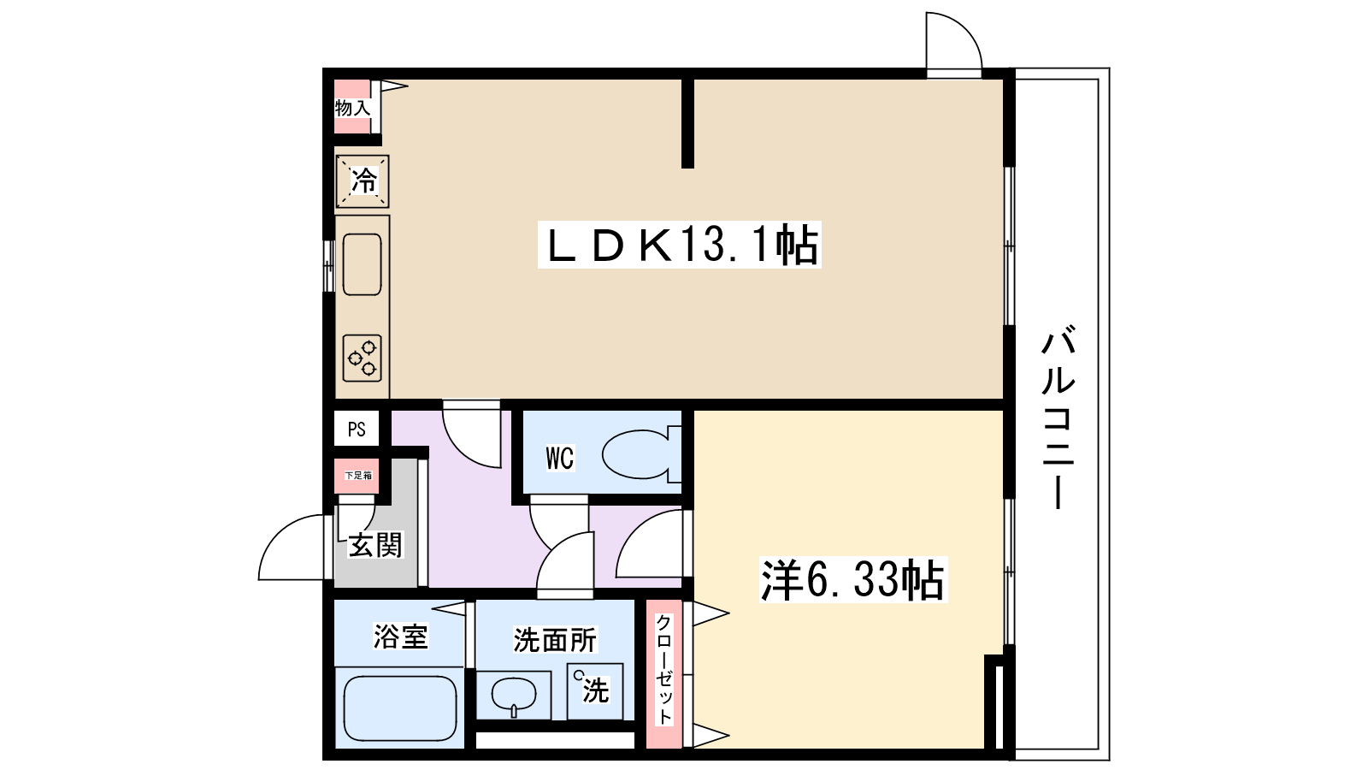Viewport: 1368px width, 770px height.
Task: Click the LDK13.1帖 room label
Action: pyautogui.click(x=681, y=245)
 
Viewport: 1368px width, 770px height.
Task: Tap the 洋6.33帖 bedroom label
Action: pyautogui.click(x=852, y=579)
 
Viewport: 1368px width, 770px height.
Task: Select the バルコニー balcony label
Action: pyautogui.click(x=1058, y=417)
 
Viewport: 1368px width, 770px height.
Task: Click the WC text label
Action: pyautogui.click(x=560, y=458)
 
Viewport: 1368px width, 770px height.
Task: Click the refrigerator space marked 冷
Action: pyautogui.click(x=363, y=181)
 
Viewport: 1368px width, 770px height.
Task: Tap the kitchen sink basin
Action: pyautogui.click(x=363, y=264)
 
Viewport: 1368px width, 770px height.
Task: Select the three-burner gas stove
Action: pyautogui.click(x=363, y=358)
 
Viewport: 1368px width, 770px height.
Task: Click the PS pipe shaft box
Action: pyautogui.click(x=357, y=429)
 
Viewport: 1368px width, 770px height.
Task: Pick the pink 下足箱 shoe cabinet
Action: pyautogui.click(x=357, y=476)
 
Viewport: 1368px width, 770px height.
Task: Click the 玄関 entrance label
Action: pyautogui.click(x=375, y=545)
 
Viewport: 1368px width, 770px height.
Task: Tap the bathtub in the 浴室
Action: pyautogui.click(x=400, y=708)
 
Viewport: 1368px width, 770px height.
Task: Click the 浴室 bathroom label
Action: pyautogui.click(x=400, y=637)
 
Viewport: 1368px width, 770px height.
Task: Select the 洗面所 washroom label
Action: pyautogui.click(x=555, y=639)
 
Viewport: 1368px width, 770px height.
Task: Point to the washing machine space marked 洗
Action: pyautogui.click(x=594, y=690)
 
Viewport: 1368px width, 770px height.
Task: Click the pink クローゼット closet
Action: pyautogui.click(x=664, y=669)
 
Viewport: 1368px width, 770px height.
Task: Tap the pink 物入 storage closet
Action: pyautogui.click(x=352, y=107)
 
